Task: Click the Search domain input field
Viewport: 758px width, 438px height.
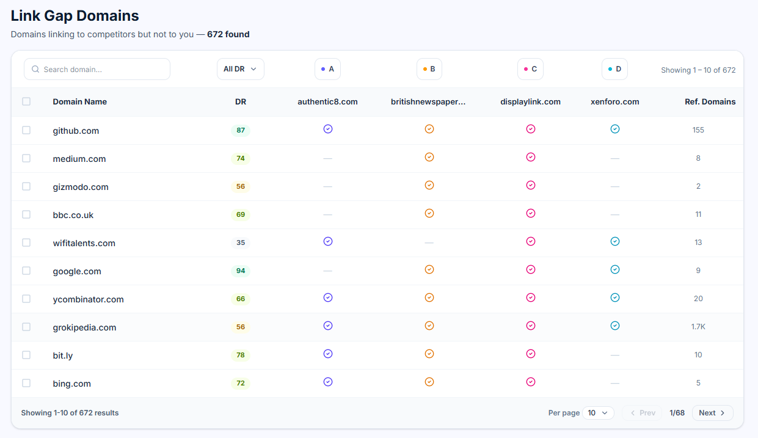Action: (x=97, y=69)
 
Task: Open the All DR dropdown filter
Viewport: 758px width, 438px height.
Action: (x=240, y=69)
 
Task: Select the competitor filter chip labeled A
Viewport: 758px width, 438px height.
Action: (x=327, y=69)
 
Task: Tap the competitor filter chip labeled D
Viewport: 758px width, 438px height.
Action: (x=614, y=69)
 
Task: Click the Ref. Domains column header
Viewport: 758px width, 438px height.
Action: (x=710, y=101)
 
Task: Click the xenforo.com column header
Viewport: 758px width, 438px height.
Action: (x=615, y=101)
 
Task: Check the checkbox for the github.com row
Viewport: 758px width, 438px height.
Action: (x=26, y=130)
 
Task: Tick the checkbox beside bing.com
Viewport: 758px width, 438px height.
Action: (x=26, y=383)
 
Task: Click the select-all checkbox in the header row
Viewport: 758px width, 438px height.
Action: (x=26, y=101)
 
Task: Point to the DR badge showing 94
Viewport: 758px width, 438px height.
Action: (x=241, y=271)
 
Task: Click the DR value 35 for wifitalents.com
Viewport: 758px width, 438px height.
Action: (x=241, y=243)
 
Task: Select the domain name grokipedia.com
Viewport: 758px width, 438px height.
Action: (x=84, y=327)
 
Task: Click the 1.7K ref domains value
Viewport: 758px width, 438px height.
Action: (x=698, y=327)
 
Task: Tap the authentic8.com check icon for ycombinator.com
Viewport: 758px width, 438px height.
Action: (x=328, y=297)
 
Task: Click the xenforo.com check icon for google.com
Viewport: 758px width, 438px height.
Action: (x=615, y=269)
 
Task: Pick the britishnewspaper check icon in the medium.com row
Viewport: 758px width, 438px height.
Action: (x=429, y=157)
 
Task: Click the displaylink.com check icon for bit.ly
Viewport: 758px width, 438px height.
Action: (x=531, y=354)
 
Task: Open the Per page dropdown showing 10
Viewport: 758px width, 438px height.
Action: (x=598, y=413)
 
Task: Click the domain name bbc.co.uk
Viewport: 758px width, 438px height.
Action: (x=73, y=215)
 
